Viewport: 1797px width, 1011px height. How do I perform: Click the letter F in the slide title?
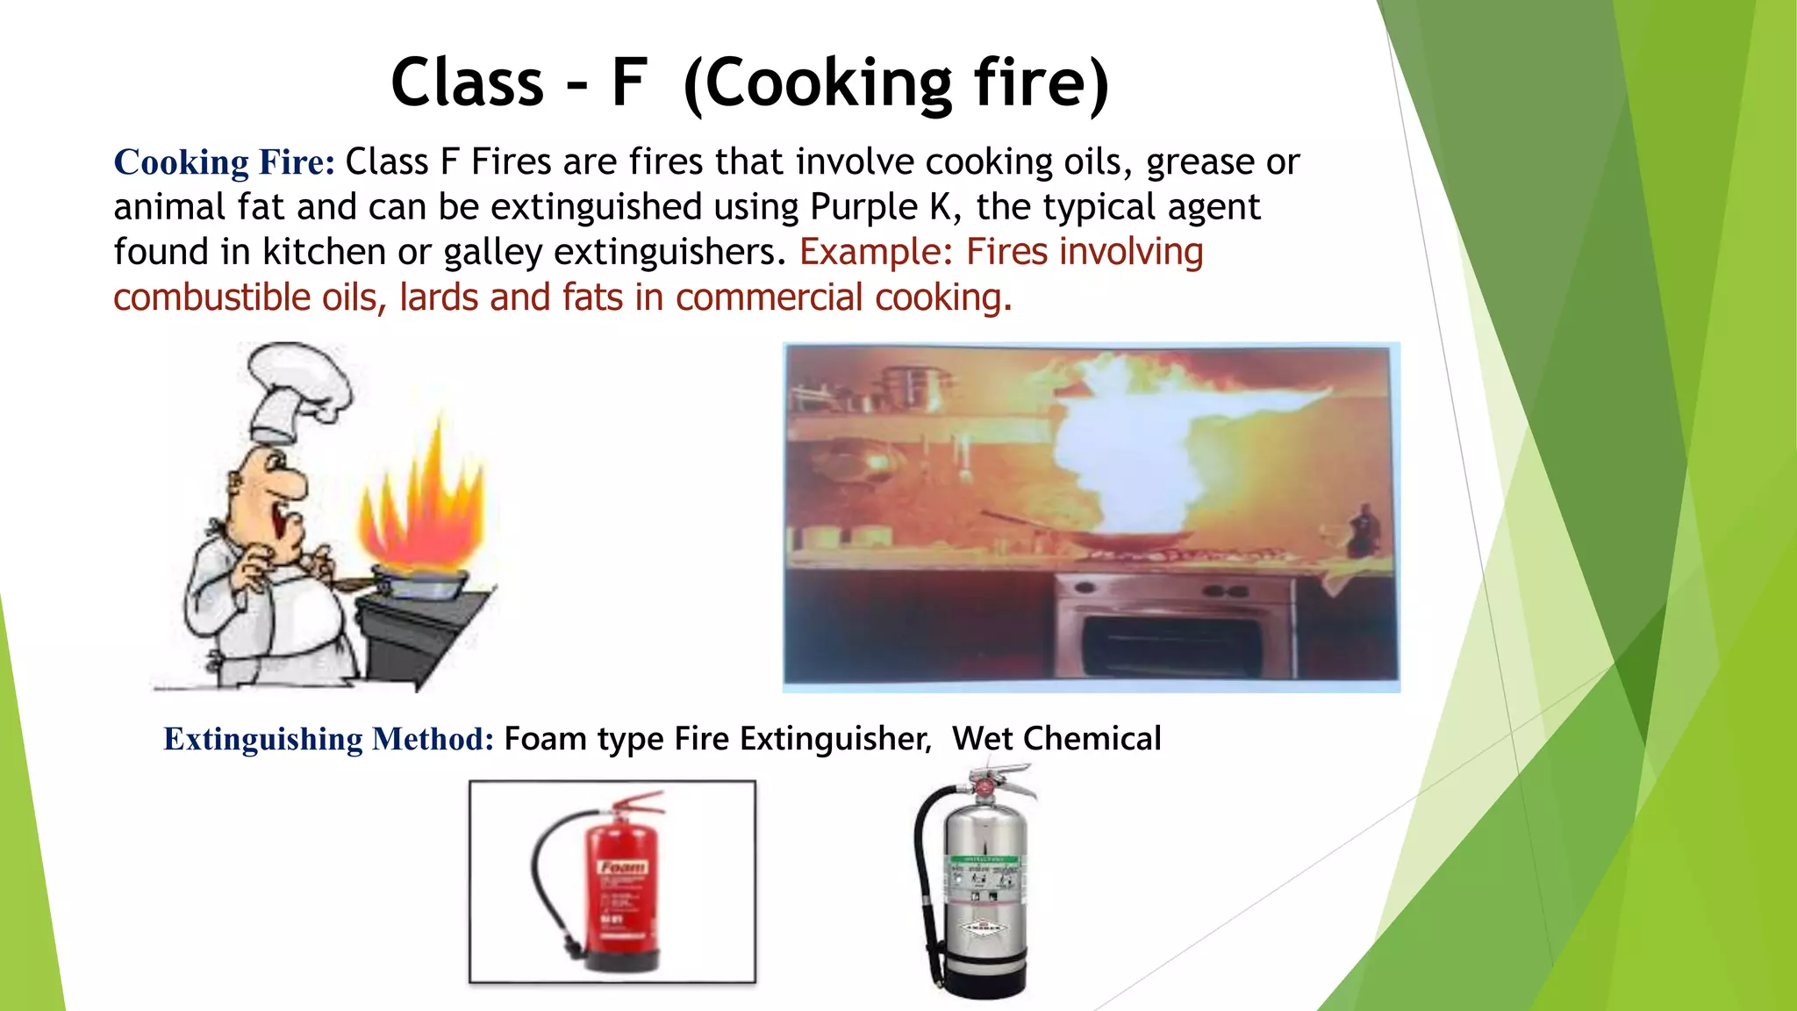[629, 83]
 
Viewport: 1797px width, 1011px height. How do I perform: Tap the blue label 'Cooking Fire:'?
[224, 162]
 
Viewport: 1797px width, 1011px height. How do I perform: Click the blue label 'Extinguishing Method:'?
[329, 739]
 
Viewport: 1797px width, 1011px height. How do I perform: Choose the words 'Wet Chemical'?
[1056, 739]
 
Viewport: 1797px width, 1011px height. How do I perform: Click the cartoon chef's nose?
[294, 485]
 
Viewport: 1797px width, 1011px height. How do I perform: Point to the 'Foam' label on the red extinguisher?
[624, 867]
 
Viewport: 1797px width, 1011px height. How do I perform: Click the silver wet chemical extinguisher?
[983, 886]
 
